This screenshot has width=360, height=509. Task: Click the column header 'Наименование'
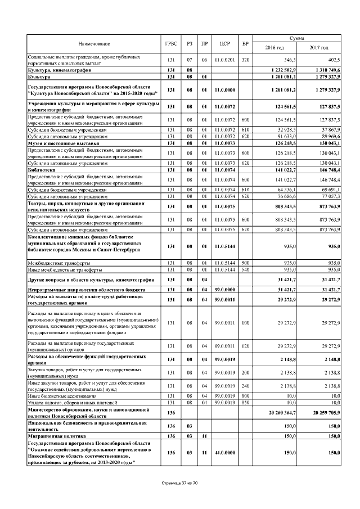[x=94, y=43]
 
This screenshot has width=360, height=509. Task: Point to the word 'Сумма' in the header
[x=296, y=38]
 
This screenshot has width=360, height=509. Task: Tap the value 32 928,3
[x=286, y=130]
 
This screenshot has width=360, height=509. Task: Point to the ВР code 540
[x=245, y=269]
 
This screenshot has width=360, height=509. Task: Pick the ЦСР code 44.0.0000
[x=226, y=453]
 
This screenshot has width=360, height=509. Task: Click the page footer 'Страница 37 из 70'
[x=179, y=484]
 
